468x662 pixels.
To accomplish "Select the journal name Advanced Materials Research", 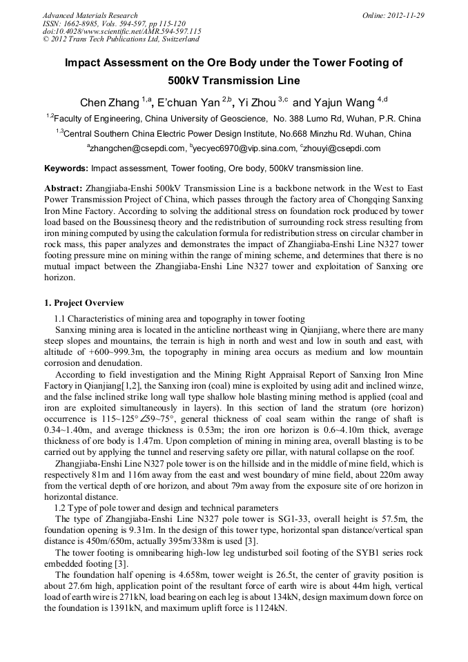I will [90, 15].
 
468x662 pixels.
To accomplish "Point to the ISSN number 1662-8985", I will [85, 23].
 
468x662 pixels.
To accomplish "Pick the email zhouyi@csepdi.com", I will [342, 148].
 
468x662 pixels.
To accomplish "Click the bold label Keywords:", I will [66, 168].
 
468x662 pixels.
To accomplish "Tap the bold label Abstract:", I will [64, 188].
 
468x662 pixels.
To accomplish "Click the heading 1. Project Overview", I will [84, 303].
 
